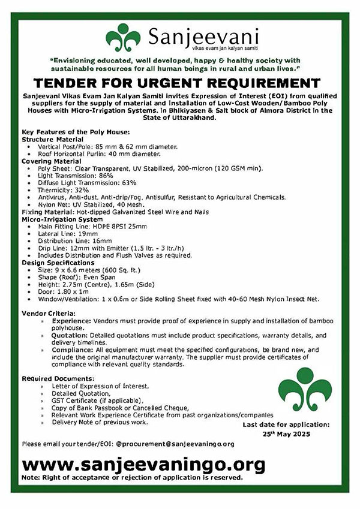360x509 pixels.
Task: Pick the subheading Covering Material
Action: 51,161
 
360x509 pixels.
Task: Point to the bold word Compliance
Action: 73,349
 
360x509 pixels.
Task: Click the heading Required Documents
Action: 58,378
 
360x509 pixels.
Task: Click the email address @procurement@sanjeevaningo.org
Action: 175,444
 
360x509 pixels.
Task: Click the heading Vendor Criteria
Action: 48,312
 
